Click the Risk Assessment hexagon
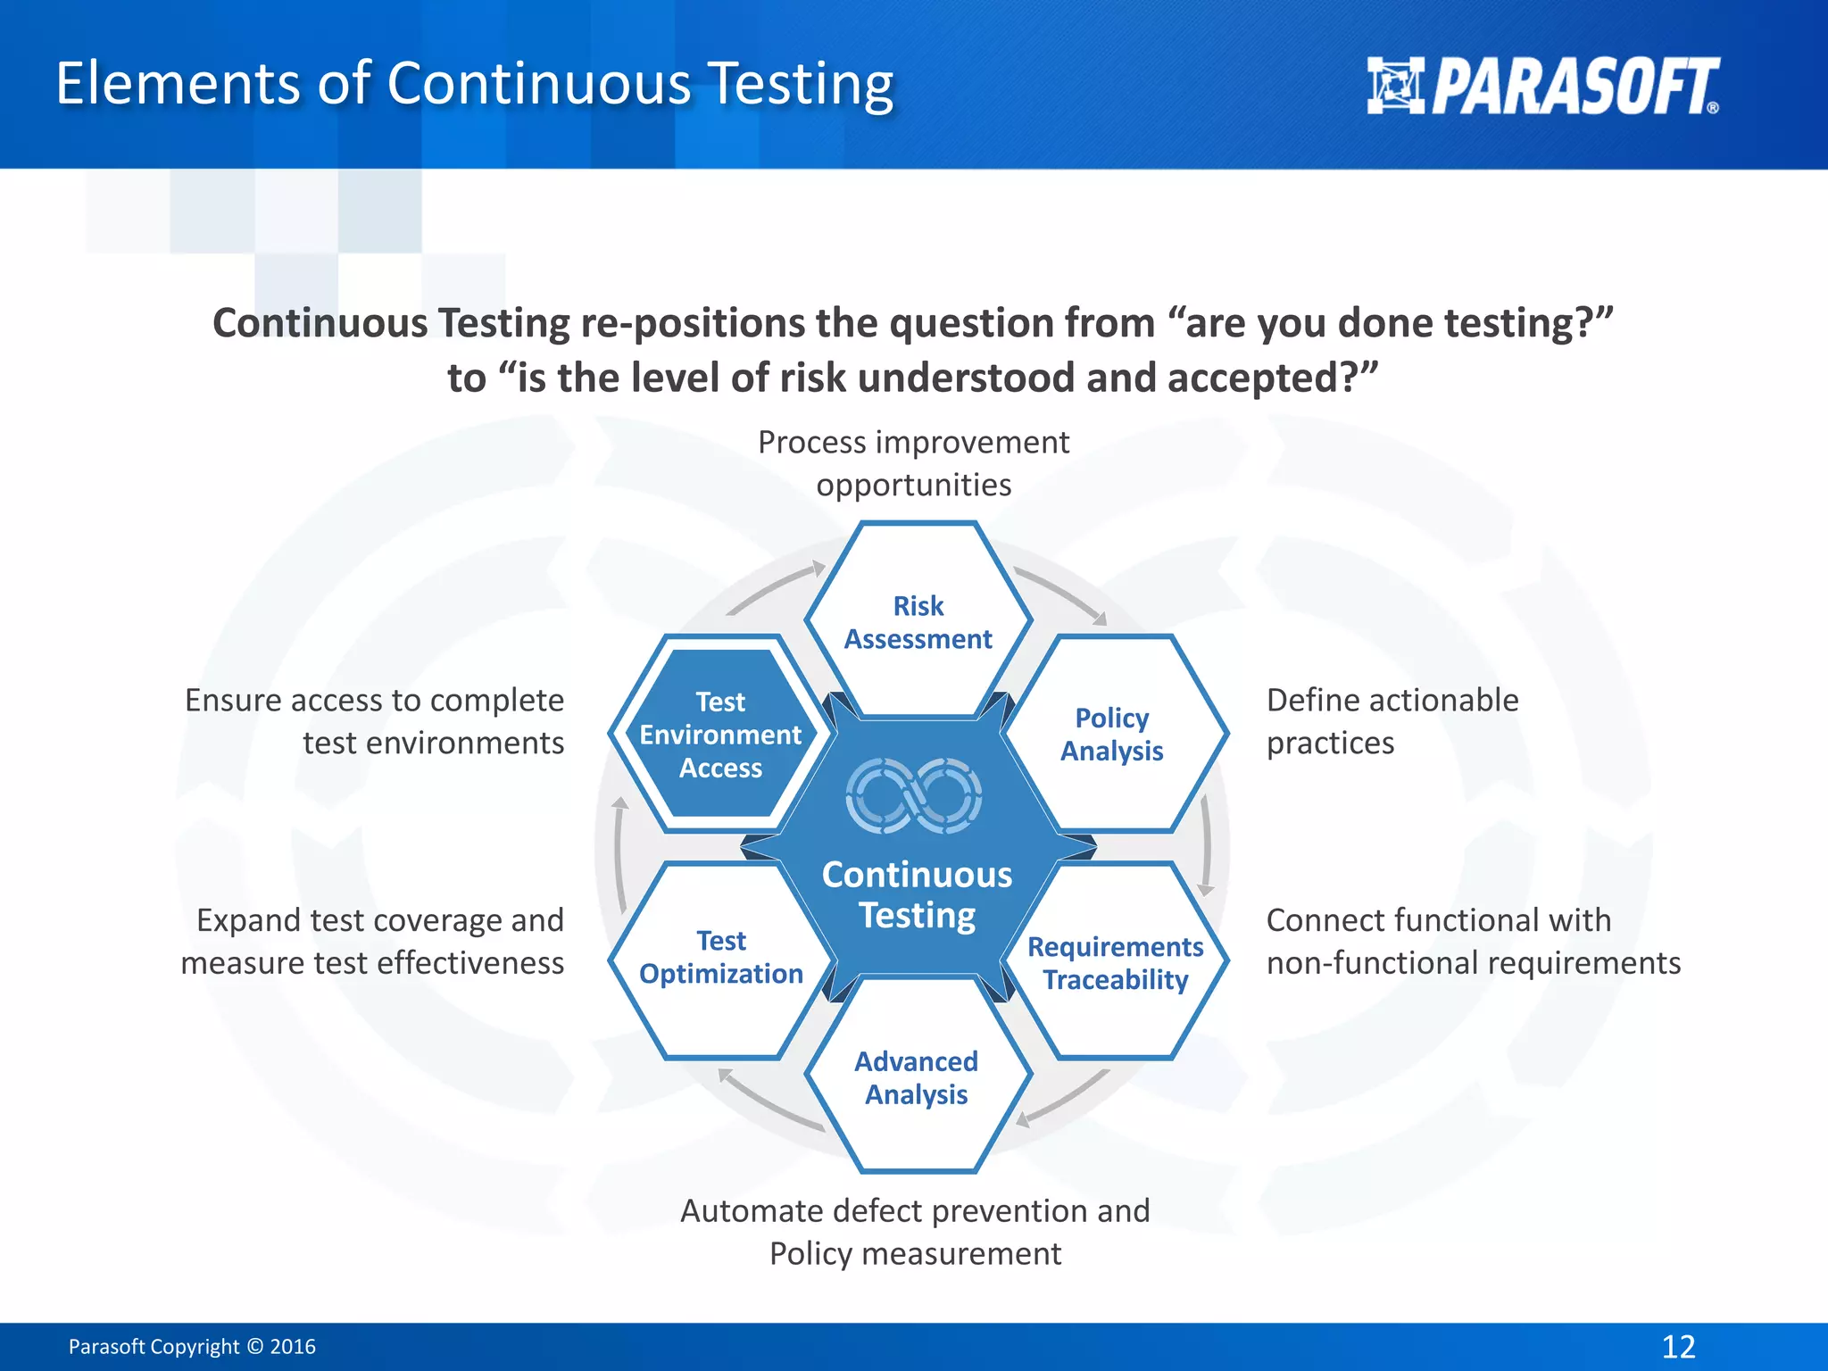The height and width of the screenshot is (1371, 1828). click(918, 622)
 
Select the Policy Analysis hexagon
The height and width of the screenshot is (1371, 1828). click(1112, 734)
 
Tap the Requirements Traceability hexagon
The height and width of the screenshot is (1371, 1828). click(1115, 962)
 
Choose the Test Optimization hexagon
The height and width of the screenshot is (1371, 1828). click(721, 957)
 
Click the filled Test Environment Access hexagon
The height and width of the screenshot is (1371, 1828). click(720, 734)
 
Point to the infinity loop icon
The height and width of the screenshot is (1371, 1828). click(913, 795)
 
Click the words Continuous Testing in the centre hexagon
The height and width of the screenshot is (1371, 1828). click(917, 894)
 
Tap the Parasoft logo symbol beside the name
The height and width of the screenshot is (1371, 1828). click(1395, 86)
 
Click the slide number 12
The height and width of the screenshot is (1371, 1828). click(1678, 1346)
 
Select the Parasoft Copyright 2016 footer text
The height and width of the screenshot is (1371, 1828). click(192, 1346)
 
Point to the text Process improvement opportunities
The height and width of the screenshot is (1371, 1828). click(913, 463)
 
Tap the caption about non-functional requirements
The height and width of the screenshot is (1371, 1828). click(1472, 942)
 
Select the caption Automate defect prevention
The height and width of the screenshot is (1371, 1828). click(915, 1232)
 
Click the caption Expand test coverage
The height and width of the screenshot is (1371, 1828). click(373, 942)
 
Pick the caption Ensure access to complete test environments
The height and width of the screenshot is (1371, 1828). click(375, 721)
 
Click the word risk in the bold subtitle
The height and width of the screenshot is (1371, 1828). click(811, 378)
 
